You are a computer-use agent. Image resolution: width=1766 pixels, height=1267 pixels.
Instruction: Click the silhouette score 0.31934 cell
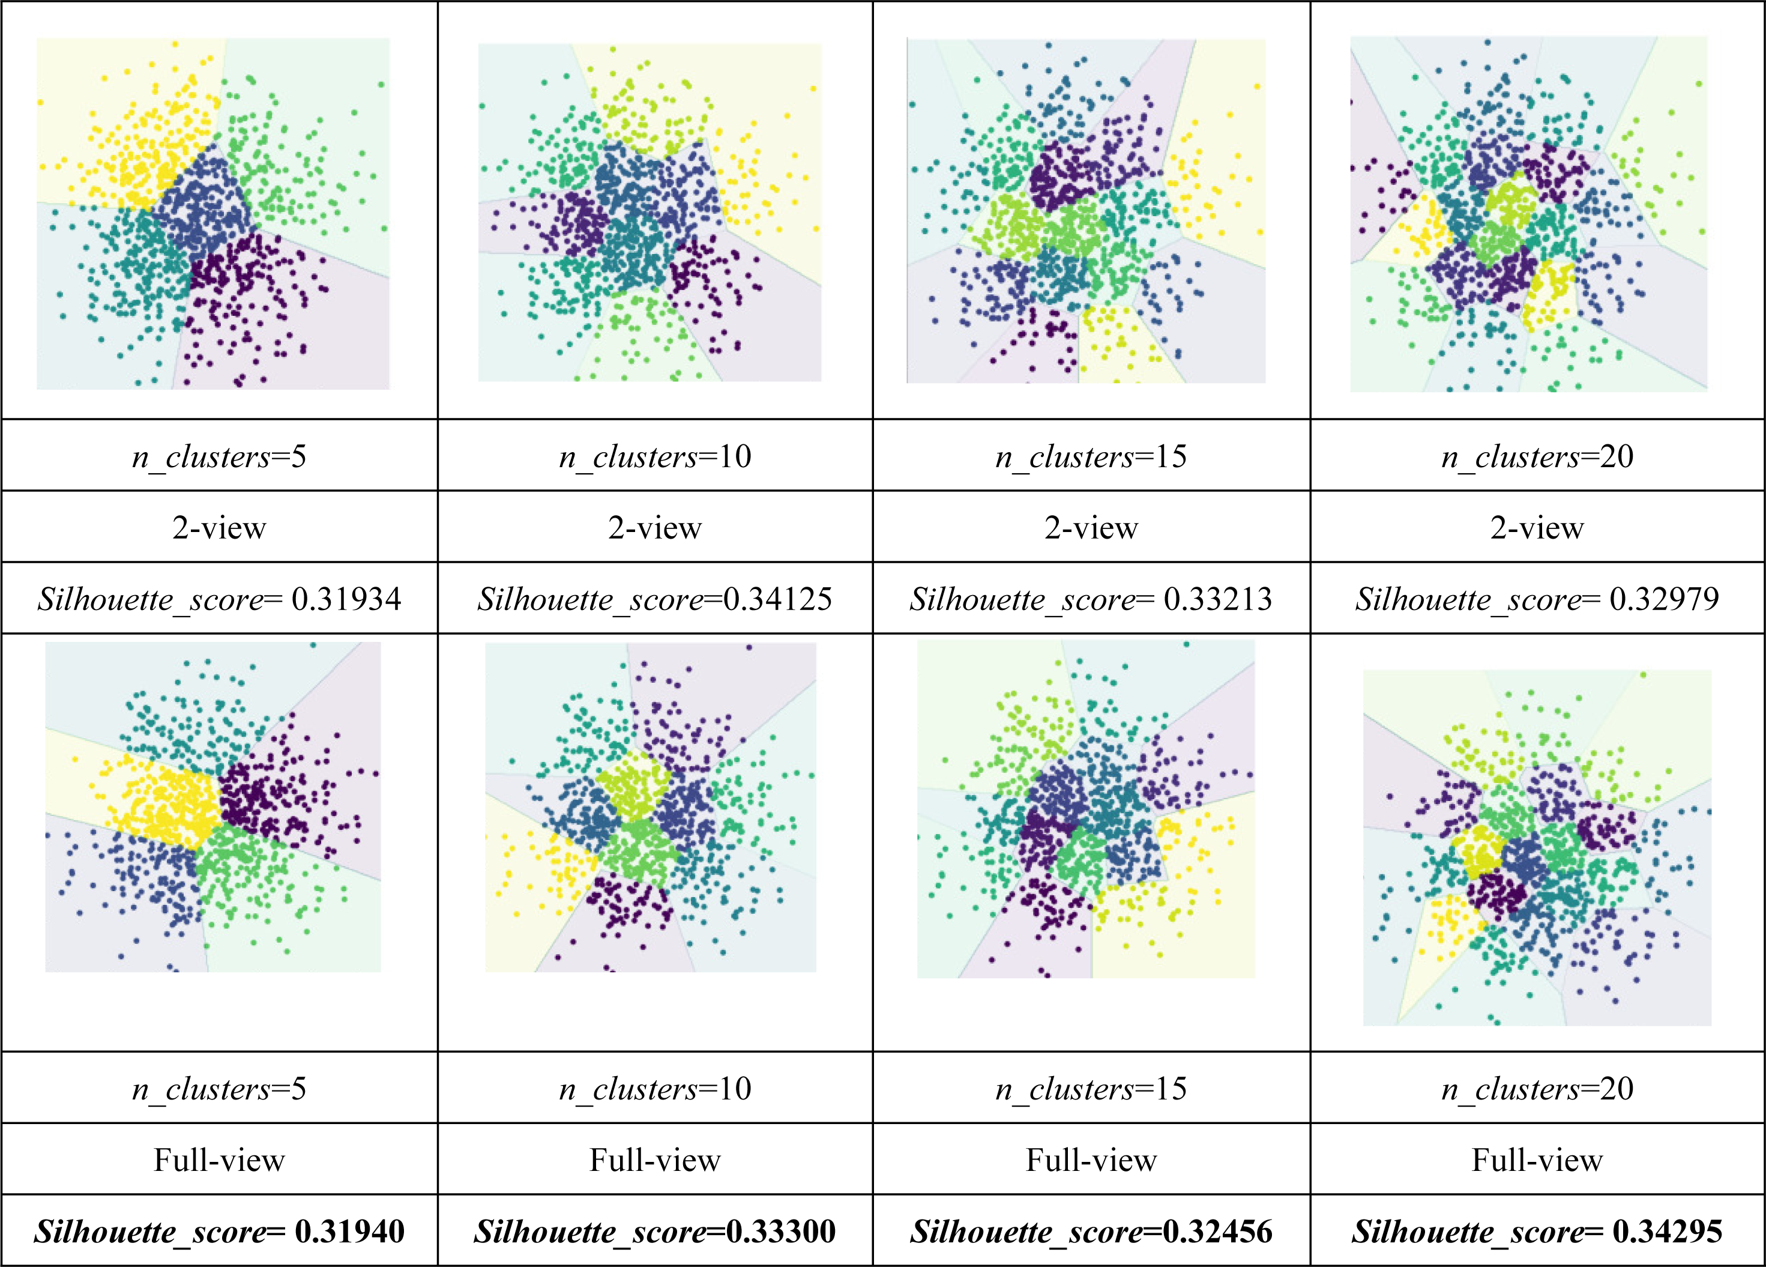219,599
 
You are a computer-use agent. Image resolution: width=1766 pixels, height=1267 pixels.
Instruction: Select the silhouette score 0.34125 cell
655,599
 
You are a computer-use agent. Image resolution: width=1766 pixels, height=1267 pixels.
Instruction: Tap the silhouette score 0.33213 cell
1091,599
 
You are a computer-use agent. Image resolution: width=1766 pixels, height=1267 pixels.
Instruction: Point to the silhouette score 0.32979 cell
1537,599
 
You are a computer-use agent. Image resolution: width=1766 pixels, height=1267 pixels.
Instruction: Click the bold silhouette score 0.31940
219,1231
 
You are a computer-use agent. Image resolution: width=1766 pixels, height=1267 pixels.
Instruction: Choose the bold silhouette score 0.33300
655,1231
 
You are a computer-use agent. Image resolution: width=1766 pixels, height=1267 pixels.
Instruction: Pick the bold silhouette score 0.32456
1091,1231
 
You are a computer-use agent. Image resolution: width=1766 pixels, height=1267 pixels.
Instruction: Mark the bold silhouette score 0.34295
1537,1231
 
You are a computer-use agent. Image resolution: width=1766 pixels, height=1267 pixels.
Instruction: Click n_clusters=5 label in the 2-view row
219,456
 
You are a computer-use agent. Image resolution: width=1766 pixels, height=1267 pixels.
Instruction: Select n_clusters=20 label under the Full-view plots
1537,1088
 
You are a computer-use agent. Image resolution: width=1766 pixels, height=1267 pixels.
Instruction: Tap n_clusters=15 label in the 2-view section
1091,456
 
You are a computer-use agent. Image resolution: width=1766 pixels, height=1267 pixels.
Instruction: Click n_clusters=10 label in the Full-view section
655,1088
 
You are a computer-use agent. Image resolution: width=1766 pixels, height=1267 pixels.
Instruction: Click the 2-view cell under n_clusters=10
655,528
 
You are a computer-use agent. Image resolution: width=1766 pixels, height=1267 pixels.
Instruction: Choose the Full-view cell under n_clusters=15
1091,1160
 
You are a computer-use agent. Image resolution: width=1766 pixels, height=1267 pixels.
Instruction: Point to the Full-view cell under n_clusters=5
219,1160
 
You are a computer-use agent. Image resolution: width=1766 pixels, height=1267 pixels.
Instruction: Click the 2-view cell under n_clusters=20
1537,528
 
